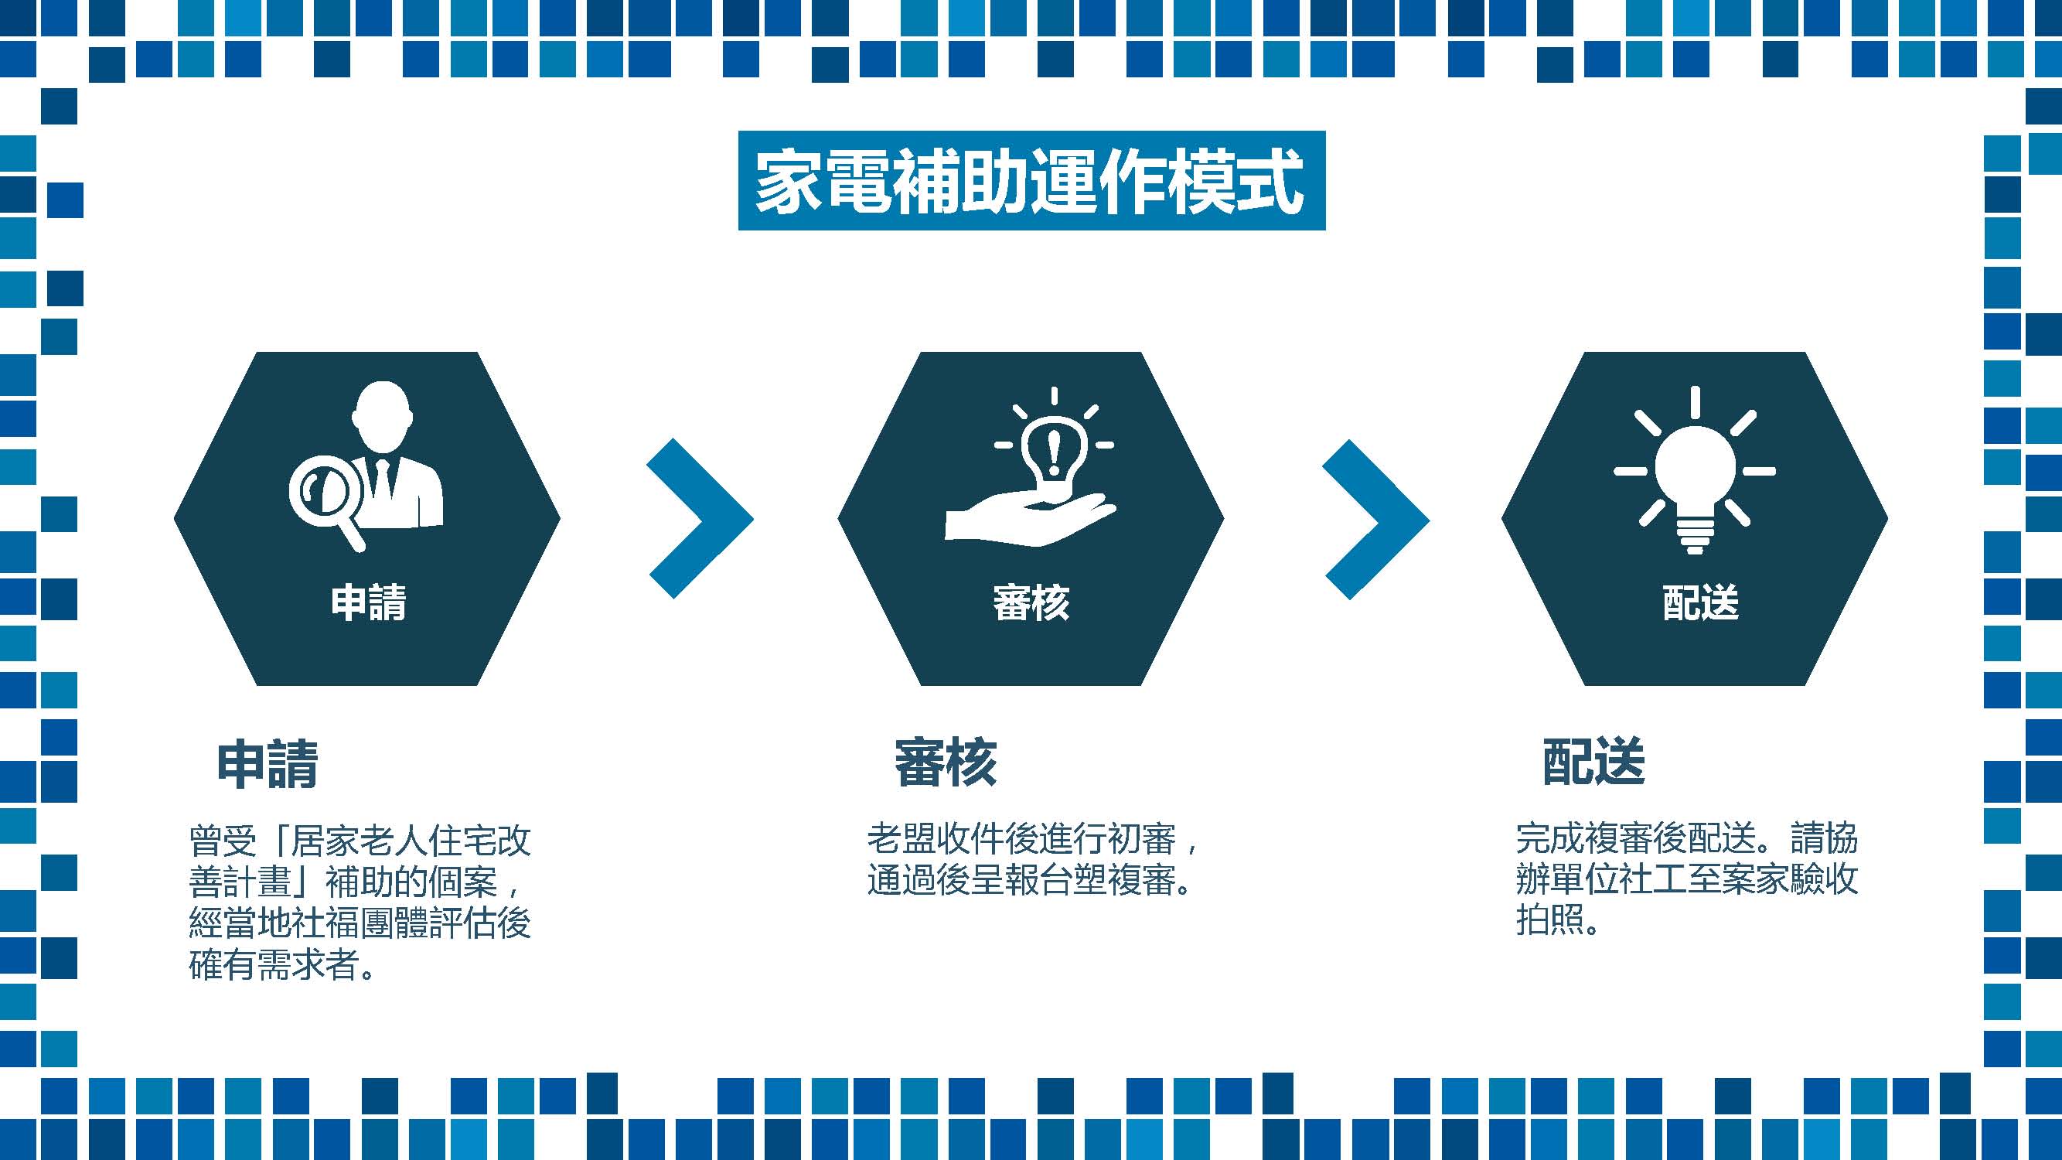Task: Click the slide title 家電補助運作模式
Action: [1031, 181]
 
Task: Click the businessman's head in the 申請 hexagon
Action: [383, 415]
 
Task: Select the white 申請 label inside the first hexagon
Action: [368, 602]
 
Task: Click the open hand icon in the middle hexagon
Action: [1030, 520]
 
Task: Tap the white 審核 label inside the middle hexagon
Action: [1031, 602]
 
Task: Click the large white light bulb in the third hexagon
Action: [1695, 471]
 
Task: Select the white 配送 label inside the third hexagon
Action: [1701, 602]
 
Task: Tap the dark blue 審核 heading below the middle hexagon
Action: [946, 763]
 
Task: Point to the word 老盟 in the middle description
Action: [902, 839]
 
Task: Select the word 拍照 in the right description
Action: [1550, 920]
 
